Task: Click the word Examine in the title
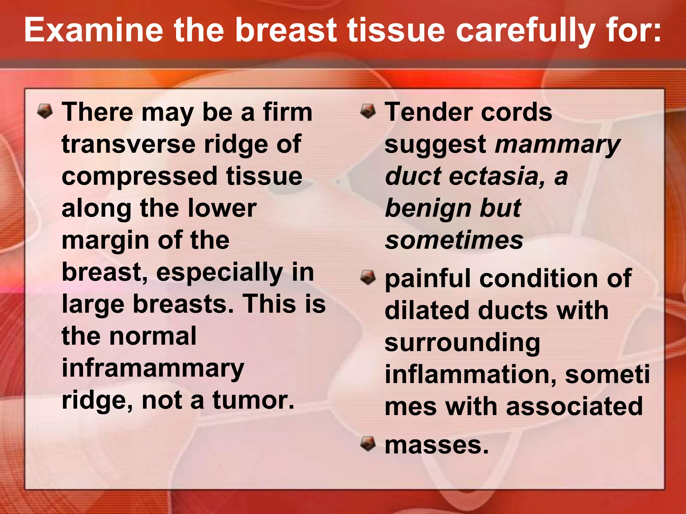93,31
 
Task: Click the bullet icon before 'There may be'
45,111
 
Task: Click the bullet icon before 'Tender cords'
368,111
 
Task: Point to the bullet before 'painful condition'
368,278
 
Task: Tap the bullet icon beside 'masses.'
368,444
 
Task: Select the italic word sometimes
454,240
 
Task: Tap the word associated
574,407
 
